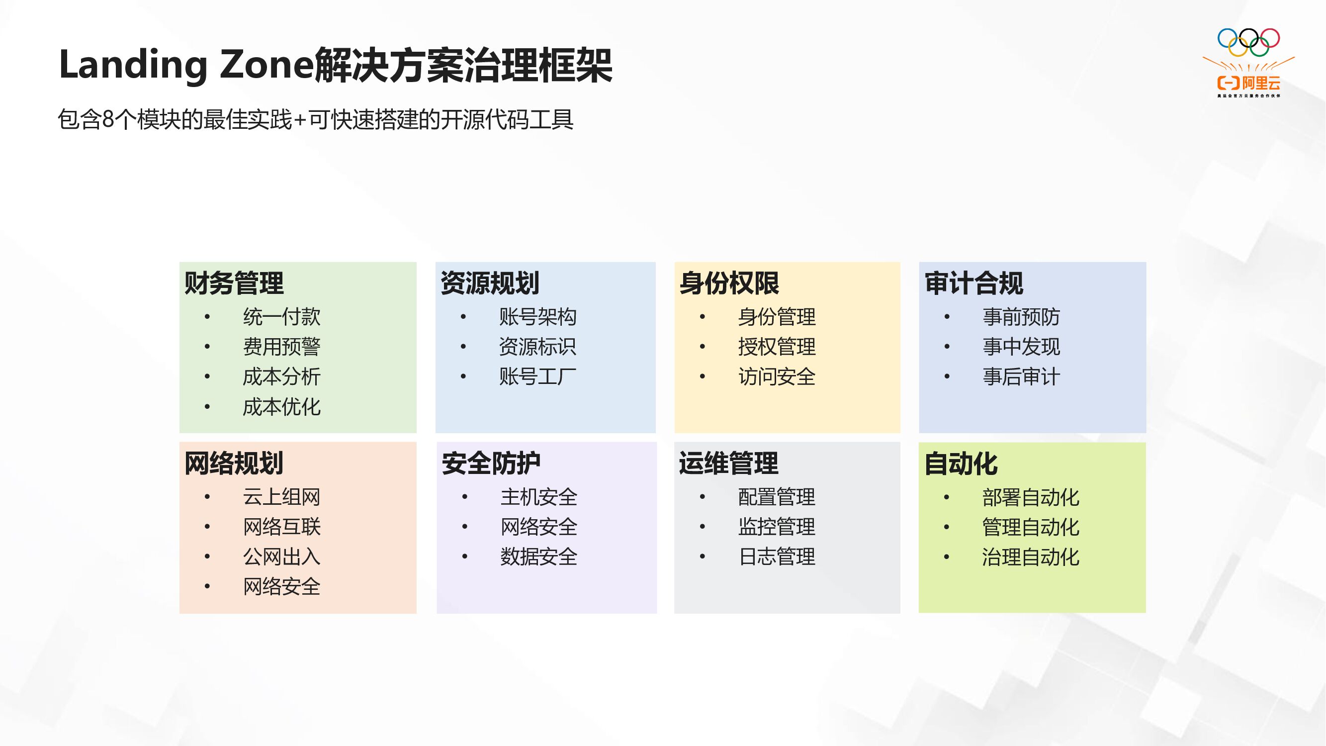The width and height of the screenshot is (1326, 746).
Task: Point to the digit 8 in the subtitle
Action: pos(107,119)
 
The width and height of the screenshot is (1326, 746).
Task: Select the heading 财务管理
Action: pos(234,283)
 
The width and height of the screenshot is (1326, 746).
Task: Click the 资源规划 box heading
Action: pos(490,283)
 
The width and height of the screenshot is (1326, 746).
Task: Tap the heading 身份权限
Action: pos(729,283)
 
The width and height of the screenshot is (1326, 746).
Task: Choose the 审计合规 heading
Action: pos(973,283)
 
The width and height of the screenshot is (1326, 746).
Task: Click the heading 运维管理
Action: pos(728,463)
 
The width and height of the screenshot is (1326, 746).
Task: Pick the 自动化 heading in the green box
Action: pos(961,464)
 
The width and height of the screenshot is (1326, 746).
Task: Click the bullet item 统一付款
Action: pos(281,317)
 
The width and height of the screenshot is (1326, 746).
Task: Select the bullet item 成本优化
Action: pos(281,407)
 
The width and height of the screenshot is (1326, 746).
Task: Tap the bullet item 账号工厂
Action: pos(537,376)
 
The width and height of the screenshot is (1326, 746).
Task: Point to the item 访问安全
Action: pos(776,376)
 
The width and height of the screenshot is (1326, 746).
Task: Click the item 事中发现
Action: pos(1021,347)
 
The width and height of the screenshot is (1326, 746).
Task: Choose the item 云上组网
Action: pos(281,497)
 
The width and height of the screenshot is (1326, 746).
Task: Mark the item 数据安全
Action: pos(538,557)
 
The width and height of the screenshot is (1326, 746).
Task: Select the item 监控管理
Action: pos(776,527)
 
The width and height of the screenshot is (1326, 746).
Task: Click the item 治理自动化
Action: pos(1030,557)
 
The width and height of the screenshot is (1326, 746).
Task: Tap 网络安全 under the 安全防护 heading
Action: pos(538,527)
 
